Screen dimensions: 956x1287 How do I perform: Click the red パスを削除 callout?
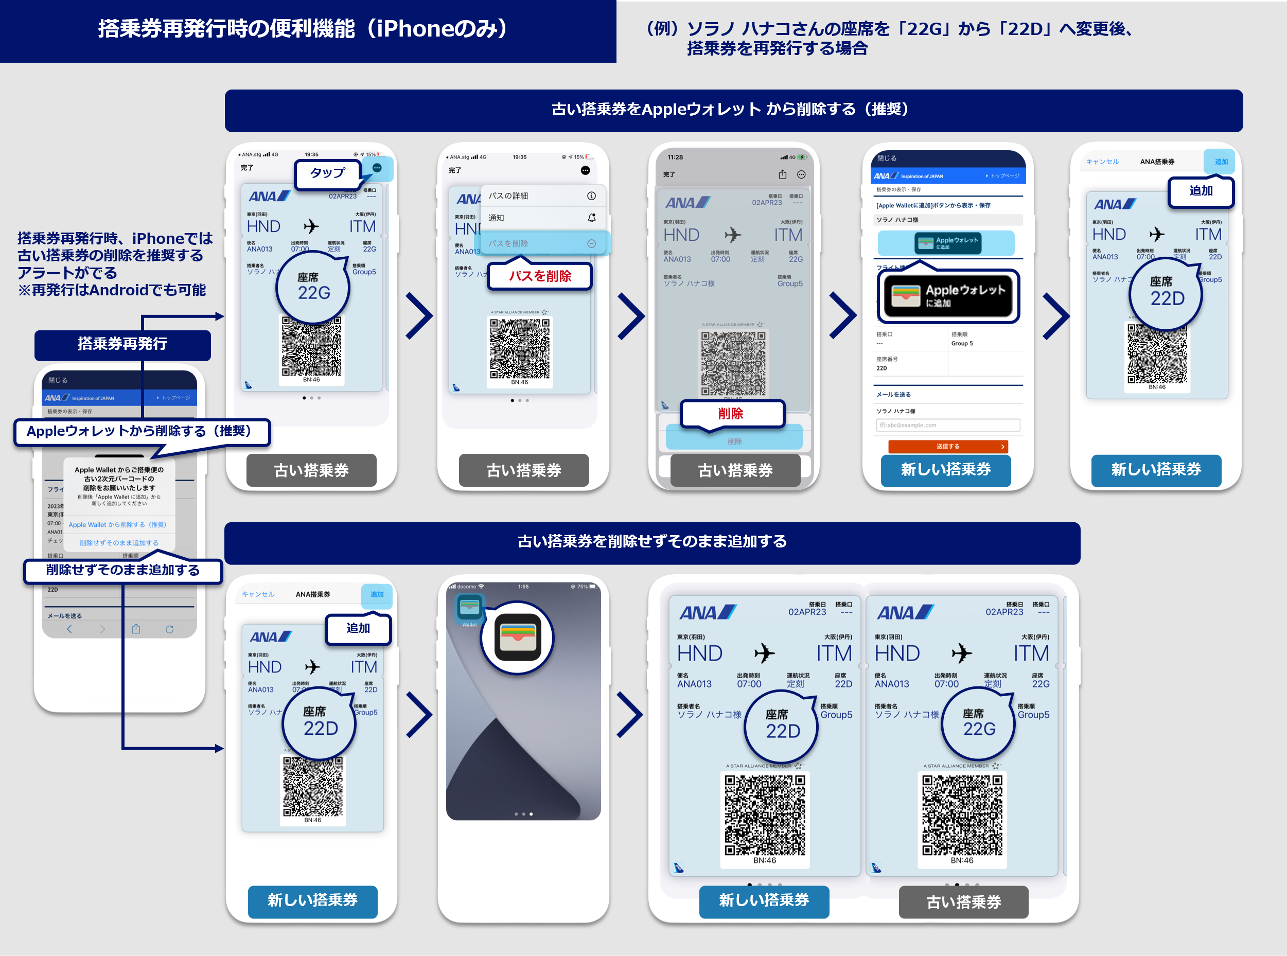[x=540, y=276]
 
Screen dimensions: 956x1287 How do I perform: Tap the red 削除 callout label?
[x=731, y=414]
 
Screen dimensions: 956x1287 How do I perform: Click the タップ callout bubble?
[x=327, y=173]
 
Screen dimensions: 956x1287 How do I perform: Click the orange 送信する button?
[x=948, y=446]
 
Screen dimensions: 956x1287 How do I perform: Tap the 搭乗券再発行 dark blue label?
[x=122, y=344]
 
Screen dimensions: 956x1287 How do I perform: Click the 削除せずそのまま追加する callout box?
[x=122, y=571]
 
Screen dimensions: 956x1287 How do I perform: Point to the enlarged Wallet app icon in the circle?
[x=518, y=637]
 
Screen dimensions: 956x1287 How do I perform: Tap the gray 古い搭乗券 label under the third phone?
[x=735, y=470]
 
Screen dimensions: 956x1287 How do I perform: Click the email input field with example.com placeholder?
[x=948, y=426]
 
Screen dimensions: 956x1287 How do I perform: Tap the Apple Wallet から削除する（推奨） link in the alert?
[x=117, y=525]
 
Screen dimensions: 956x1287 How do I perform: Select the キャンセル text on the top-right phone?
[x=1102, y=162]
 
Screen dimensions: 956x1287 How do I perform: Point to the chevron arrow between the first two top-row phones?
[x=419, y=315]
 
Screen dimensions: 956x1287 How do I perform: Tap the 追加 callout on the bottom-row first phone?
[x=358, y=628]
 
